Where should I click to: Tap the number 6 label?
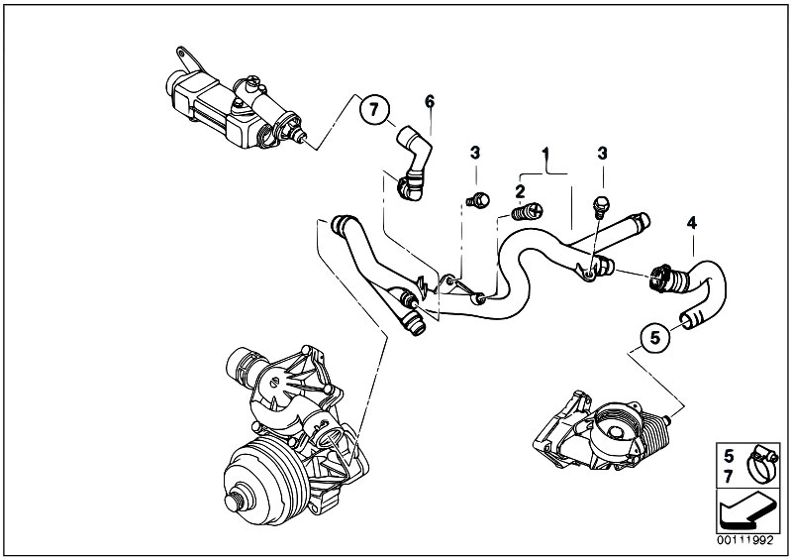tap(429, 100)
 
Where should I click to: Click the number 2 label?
tap(518, 187)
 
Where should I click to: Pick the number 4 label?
tap(692, 223)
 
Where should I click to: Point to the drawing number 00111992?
tap(748, 542)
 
